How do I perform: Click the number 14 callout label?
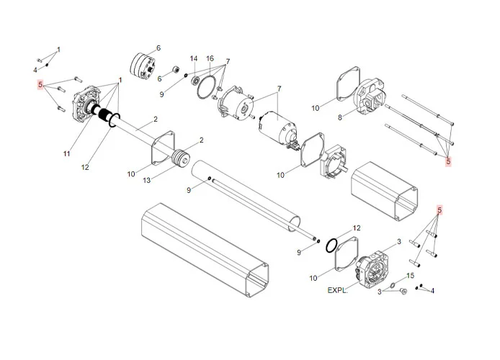(194, 58)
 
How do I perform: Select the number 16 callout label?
(210, 58)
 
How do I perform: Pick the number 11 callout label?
(66, 154)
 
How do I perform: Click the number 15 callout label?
(411, 276)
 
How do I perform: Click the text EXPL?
(337, 291)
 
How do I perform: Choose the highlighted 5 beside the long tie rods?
(448, 161)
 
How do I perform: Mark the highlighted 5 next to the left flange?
(42, 84)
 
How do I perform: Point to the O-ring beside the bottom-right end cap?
(331, 245)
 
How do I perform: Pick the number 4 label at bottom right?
(432, 291)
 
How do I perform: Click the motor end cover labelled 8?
(372, 96)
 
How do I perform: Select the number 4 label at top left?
(35, 70)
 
